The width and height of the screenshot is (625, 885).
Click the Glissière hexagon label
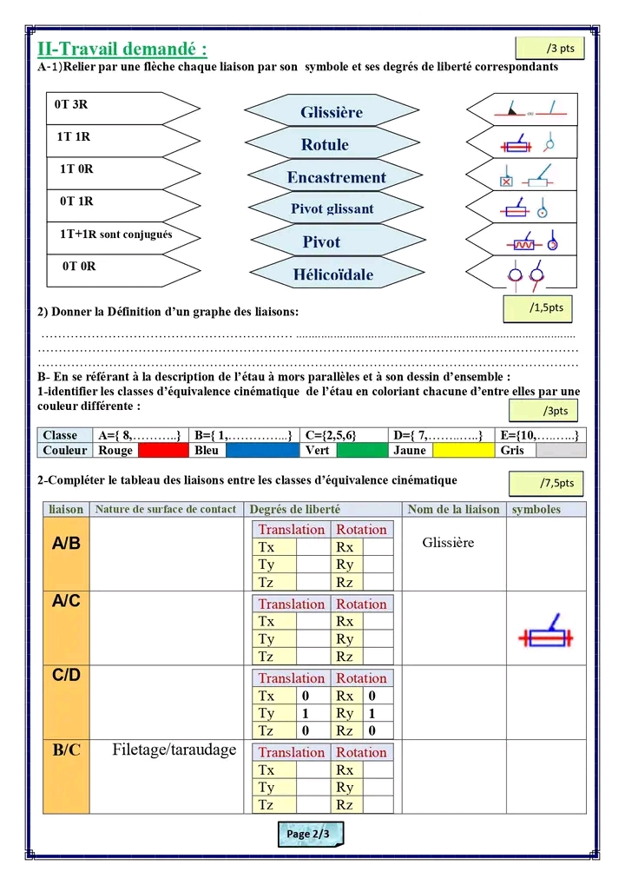tap(332, 112)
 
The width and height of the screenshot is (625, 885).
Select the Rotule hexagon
tap(325, 144)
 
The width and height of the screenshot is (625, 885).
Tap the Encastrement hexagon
tap(336, 177)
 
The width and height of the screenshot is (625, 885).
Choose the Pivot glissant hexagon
tap(332, 209)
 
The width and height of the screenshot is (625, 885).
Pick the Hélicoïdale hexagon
tap(332, 274)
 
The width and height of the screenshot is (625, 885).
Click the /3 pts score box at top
tap(549, 49)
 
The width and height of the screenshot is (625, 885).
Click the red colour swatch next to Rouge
tap(164, 451)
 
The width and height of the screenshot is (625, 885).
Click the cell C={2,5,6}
tap(345, 435)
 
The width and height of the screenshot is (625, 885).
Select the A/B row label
tap(66, 545)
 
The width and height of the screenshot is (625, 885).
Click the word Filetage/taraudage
tap(174, 750)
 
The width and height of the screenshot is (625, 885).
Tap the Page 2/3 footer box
tap(310, 834)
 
